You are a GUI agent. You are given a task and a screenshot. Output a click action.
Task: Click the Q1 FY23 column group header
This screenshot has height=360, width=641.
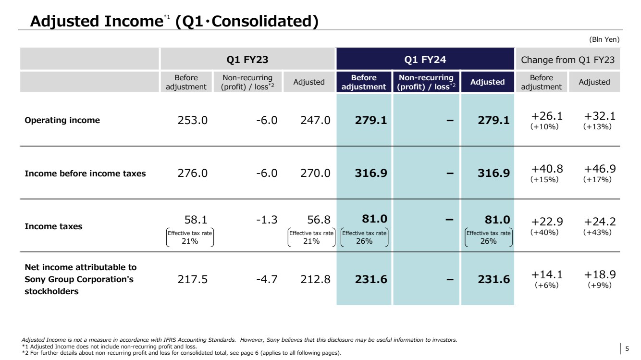[x=247, y=60]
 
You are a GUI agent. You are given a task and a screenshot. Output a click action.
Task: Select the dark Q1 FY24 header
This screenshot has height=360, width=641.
[x=425, y=60]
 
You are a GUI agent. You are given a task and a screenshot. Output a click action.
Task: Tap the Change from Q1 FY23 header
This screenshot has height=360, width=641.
[x=567, y=60]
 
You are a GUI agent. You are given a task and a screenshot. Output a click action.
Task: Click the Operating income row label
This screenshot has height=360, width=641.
[x=62, y=121]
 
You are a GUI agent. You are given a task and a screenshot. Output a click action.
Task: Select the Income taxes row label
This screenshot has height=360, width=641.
[x=54, y=227]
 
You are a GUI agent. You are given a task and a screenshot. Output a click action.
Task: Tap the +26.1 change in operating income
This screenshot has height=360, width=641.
[x=547, y=115]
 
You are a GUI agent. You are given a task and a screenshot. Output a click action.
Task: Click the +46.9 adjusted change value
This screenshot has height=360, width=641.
[x=600, y=169]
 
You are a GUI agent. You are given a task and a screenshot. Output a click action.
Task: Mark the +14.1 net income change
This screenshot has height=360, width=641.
[x=547, y=274]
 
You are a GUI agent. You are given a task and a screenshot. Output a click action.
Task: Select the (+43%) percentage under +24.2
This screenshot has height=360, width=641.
[x=597, y=232]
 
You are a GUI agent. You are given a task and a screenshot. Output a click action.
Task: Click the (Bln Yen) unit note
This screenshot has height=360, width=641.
[x=604, y=39]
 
